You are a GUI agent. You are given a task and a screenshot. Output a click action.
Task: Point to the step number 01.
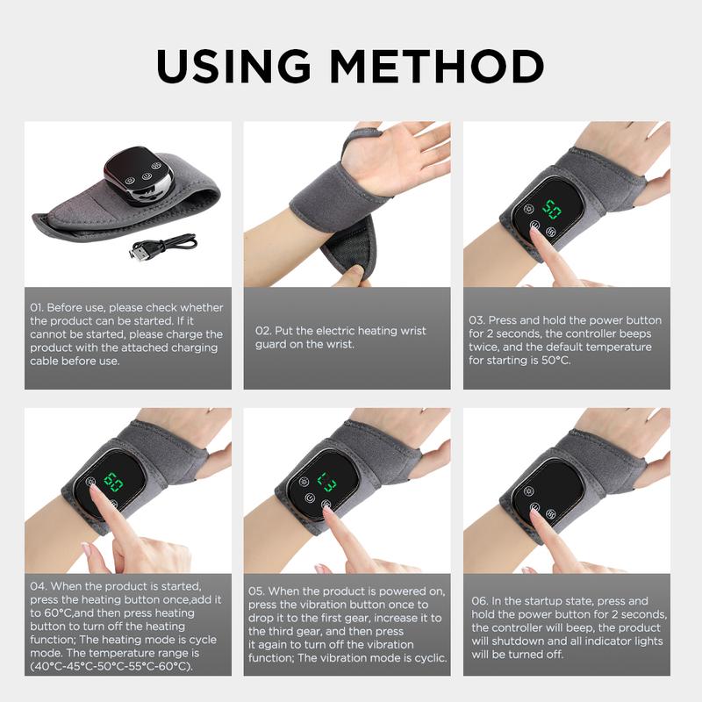coord(37,308)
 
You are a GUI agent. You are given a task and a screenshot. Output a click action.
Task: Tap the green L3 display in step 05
coord(327,481)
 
